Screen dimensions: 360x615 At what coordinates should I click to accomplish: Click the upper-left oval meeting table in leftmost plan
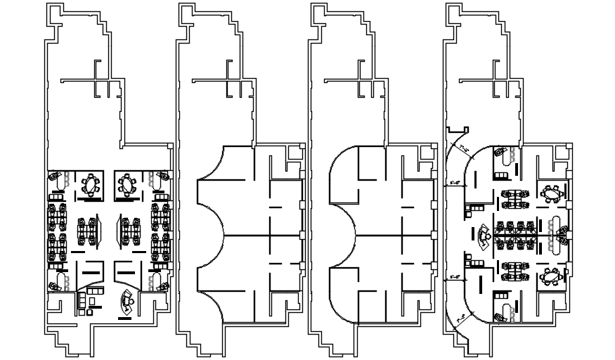[90, 185]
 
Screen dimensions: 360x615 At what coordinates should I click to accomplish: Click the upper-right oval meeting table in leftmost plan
[127, 185]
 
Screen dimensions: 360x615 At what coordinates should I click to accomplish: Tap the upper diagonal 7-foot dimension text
[464, 148]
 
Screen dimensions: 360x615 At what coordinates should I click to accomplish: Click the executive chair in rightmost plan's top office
[501, 152]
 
